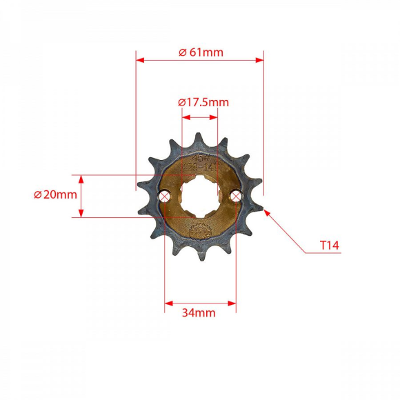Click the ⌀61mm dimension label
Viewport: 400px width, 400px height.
pyautogui.click(x=201, y=52)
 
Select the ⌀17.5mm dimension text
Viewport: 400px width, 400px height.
pyautogui.click(x=203, y=102)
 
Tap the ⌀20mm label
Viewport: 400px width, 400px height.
pyautogui.click(x=55, y=194)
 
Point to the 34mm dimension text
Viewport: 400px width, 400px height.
pyautogui.click(x=199, y=312)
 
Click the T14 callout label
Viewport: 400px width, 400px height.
pyautogui.click(x=330, y=245)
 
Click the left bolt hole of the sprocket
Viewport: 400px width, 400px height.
pyautogui.click(x=164, y=197)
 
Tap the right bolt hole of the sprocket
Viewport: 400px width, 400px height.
pyautogui.click(x=236, y=197)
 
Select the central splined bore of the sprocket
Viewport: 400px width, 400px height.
pyautogui.click(x=200, y=196)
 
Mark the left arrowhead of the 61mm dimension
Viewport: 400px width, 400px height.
pyautogui.click(x=139, y=60)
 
